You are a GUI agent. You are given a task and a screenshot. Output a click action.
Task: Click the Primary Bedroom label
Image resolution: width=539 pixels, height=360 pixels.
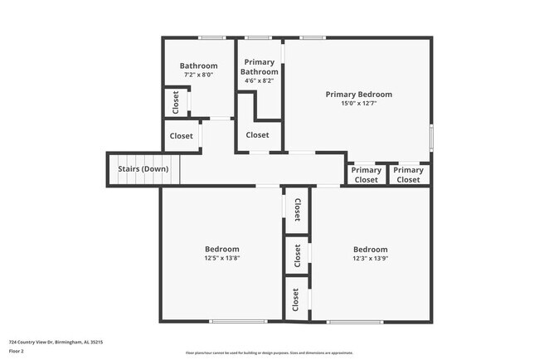tap(358, 95)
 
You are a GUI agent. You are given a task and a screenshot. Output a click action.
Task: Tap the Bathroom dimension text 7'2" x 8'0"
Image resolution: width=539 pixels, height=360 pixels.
tap(198, 75)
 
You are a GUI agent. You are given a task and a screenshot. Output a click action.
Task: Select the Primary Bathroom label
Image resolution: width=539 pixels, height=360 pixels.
tap(259, 67)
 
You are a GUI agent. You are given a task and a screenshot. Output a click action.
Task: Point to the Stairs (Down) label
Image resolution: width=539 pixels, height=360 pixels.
tap(143, 169)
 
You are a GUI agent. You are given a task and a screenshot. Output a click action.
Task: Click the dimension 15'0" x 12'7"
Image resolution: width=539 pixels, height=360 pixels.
tap(358, 104)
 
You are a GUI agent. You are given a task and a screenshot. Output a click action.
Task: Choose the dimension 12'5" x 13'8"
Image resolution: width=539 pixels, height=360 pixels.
tap(221, 258)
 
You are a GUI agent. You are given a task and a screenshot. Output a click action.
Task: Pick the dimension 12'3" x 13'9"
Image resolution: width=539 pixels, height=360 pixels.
tap(370, 258)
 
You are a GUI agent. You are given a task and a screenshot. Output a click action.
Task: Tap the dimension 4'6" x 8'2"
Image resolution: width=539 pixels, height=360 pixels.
tap(259, 81)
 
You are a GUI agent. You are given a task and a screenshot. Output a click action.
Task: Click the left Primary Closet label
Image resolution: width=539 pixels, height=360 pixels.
tap(366, 175)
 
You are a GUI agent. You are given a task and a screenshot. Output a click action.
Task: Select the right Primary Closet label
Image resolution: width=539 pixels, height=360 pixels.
tap(408, 175)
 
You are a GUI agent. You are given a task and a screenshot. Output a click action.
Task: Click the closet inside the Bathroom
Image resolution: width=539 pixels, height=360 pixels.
tap(175, 102)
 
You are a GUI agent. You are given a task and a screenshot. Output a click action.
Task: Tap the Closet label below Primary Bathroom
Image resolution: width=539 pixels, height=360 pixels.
tap(257, 135)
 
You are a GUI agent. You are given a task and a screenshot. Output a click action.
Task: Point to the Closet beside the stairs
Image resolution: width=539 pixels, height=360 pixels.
tap(181, 136)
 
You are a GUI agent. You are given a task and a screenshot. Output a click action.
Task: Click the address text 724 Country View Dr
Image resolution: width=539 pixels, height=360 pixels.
tap(56, 341)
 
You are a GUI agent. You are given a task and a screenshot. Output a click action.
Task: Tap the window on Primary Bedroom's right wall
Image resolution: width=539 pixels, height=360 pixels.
tap(431, 137)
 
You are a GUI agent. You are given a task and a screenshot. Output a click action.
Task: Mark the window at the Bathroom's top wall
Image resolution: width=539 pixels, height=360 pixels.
tap(212, 37)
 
